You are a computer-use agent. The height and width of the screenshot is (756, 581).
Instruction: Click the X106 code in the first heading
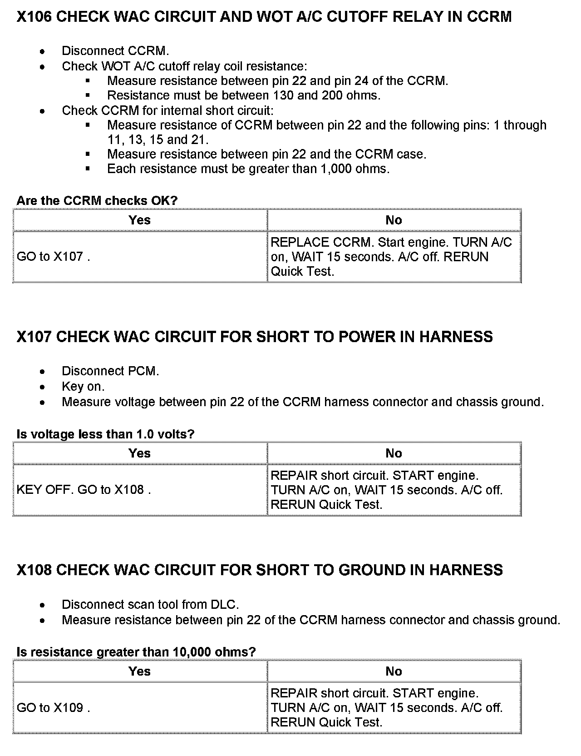[x=34, y=17]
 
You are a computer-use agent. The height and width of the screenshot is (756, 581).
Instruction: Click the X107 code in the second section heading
[x=34, y=337]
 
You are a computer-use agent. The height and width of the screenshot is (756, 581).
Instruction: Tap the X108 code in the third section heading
[x=34, y=570]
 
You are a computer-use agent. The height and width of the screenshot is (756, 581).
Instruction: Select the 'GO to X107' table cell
[x=53, y=257]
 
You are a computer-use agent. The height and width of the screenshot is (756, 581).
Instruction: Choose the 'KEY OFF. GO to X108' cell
[x=83, y=490]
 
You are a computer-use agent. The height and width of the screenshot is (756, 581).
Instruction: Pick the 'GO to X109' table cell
[x=53, y=708]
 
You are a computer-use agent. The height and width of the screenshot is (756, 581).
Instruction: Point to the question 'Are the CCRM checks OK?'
[x=97, y=200]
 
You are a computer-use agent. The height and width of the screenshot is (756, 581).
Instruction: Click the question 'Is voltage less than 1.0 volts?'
[x=105, y=434]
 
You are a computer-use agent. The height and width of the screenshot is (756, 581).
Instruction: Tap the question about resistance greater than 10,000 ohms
[x=136, y=652]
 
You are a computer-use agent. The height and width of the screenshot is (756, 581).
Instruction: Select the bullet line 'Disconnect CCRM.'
[x=115, y=51]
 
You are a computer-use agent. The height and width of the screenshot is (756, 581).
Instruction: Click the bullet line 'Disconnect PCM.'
[x=110, y=371]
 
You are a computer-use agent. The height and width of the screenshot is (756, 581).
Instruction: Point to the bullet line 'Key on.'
[x=83, y=387]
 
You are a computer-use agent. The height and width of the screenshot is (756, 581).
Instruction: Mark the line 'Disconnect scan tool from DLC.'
[x=150, y=605]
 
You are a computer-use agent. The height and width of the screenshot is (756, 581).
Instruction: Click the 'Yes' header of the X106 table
[x=139, y=220]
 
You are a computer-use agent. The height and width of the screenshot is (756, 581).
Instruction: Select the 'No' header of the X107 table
[x=394, y=453]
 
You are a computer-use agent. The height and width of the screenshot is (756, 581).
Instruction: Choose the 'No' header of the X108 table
[x=394, y=671]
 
